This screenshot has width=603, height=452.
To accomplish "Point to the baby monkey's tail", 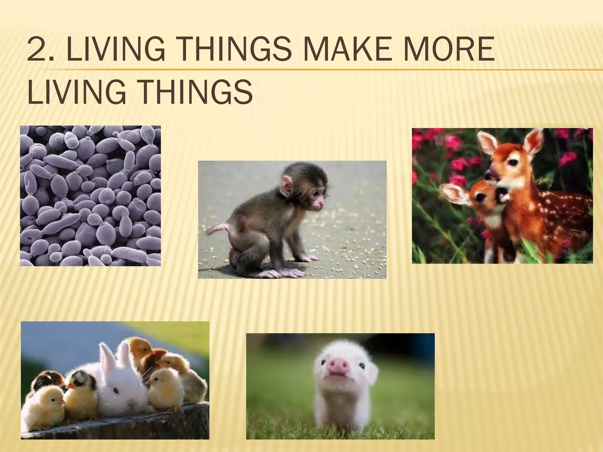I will pos(219,228).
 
